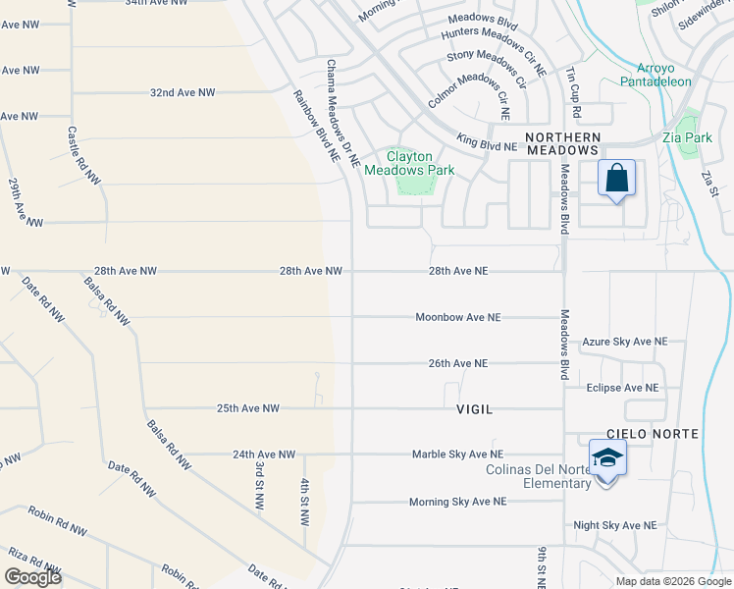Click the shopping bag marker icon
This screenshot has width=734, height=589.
pos(616,180)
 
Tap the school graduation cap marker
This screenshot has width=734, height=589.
pos(607,458)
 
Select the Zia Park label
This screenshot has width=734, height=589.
pos(687,137)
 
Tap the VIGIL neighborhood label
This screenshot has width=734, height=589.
pos(474,407)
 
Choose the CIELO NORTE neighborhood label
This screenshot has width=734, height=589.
pos(652,433)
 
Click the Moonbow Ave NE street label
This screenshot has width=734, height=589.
pos(457,317)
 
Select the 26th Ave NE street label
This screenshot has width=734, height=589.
pos(457,363)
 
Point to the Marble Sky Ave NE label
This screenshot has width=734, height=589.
pos(456,455)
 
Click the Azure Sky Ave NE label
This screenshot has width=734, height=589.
pos(624,342)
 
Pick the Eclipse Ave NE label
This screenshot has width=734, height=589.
pos(622,388)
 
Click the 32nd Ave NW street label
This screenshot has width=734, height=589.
pos(183,92)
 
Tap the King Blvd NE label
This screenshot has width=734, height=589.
pos(486,145)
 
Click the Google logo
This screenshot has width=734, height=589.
pos(32,577)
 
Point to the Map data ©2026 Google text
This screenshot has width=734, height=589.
pos(672,581)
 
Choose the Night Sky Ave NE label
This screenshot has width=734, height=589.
pos(615,526)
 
